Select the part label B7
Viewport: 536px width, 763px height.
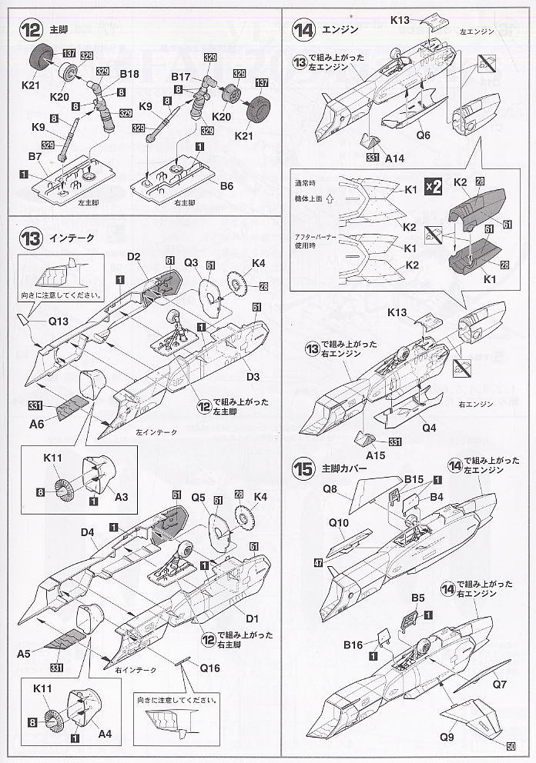[x=35, y=157]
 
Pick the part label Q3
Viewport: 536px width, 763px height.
[x=193, y=262]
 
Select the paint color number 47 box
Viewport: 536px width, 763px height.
[x=318, y=564]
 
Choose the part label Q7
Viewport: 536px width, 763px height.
[x=499, y=682]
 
